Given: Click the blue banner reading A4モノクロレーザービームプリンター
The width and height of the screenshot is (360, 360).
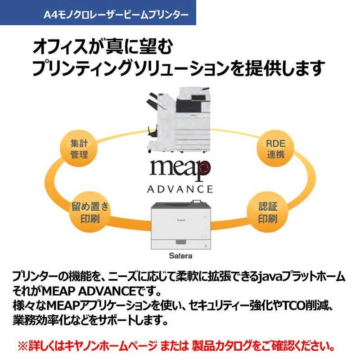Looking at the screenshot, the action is [x=98, y=13].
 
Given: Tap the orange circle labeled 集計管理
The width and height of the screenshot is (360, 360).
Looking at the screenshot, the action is [x=79, y=148].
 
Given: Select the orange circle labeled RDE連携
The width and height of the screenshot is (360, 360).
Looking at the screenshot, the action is [x=275, y=148].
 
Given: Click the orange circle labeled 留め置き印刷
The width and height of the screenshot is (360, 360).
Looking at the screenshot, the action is [x=90, y=212].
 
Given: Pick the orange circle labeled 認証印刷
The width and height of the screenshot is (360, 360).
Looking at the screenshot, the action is [x=268, y=212].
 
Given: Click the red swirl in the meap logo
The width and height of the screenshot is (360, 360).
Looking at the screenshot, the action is [x=204, y=167].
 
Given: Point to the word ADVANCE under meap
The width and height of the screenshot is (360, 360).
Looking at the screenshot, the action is [x=180, y=189].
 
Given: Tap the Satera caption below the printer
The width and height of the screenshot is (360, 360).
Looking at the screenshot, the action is [x=180, y=256].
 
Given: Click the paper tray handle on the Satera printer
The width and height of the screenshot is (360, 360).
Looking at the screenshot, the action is [x=181, y=242].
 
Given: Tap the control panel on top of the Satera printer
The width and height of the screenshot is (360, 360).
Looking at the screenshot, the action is [x=197, y=202].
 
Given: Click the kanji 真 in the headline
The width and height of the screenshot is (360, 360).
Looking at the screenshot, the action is [x=113, y=46].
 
